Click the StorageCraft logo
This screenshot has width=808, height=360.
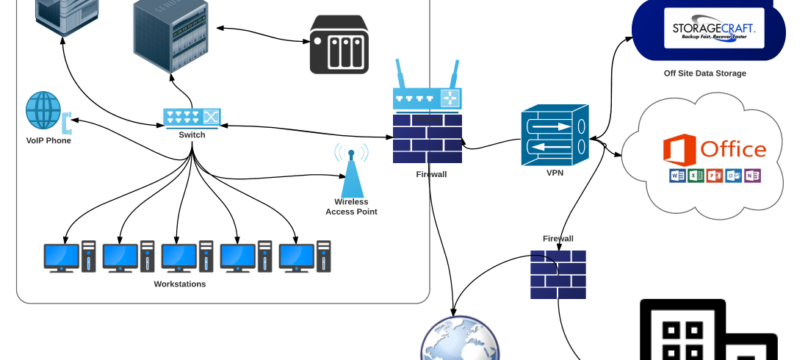click(x=714, y=28)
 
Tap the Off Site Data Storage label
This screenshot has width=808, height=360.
click(x=704, y=73)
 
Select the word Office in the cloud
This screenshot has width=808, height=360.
click(x=733, y=149)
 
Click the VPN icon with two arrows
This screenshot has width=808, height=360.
click(x=555, y=135)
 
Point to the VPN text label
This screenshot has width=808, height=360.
click(x=555, y=174)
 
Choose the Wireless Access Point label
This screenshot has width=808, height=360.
click(x=351, y=206)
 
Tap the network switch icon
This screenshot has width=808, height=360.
click(x=192, y=117)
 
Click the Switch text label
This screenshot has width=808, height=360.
click(x=192, y=135)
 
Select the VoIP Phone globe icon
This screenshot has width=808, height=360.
click(x=44, y=110)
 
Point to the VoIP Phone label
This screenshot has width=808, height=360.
click(x=48, y=140)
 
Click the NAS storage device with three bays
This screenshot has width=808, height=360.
click(x=339, y=46)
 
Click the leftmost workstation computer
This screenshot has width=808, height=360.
click(x=69, y=257)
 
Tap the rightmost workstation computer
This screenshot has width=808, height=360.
click(x=304, y=257)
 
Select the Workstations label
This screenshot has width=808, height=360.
click(x=179, y=284)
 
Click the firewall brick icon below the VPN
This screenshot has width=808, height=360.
click(x=558, y=275)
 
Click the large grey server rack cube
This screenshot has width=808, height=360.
click(x=170, y=35)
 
